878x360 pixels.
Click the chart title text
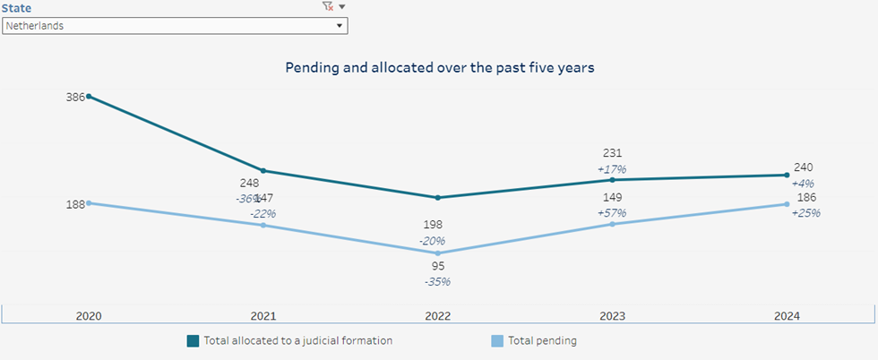coord(439,67)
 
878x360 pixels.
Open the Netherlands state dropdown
coord(175,26)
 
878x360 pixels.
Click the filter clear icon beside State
coord(327,7)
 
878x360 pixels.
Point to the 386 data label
coord(76,96)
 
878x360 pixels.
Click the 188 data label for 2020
coord(76,203)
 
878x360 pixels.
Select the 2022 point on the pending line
coord(437,253)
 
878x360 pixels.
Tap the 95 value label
coord(437,266)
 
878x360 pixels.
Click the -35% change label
coord(437,281)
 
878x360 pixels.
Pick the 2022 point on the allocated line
coord(437,197)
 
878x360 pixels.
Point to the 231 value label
coord(613,153)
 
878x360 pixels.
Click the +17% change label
coord(613,168)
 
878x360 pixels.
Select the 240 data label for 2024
coord(804,167)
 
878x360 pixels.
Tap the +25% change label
coord(805,213)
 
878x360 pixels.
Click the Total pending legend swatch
coord(497,340)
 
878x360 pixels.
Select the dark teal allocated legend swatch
coord(193,340)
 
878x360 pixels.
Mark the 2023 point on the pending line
coord(613,224)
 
